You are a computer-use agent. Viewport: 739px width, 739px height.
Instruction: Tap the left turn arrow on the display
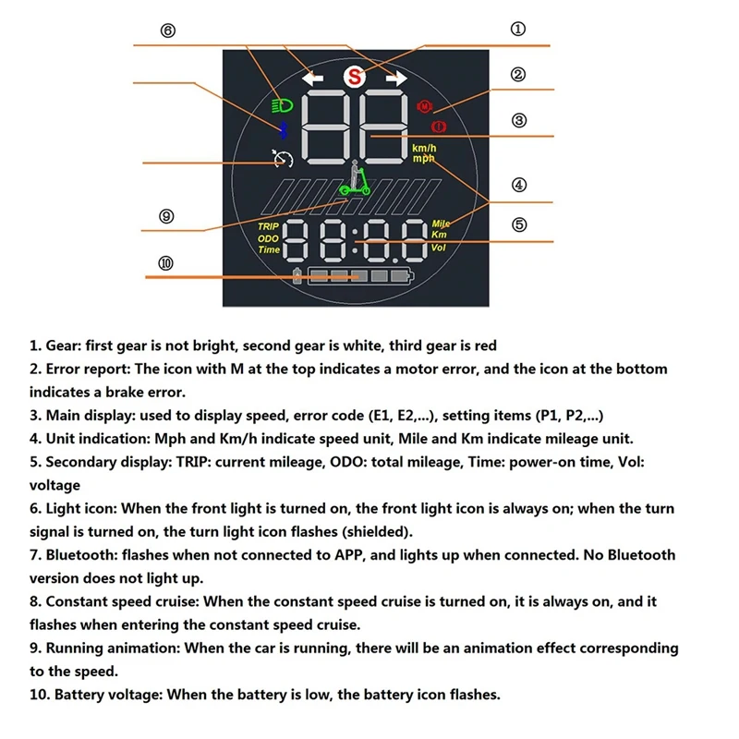click(312, 79)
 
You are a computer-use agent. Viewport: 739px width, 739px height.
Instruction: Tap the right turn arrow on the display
click(396, 79)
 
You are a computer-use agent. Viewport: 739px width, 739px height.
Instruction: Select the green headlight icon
click(280, 105)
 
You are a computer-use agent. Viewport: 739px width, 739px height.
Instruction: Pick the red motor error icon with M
click(425, 106)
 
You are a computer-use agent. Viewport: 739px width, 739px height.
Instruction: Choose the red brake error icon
click(438, 126)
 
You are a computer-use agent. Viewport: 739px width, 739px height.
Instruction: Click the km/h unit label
click(424, 149)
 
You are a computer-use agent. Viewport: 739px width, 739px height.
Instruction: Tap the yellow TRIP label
click(268, 225)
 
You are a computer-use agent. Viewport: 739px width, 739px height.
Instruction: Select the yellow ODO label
click(268, 237)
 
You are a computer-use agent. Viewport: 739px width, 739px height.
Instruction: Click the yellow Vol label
click(439, 247)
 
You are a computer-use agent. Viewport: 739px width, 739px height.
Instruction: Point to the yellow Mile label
click(441, 224)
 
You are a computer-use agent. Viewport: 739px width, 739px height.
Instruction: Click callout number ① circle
click(519, 29)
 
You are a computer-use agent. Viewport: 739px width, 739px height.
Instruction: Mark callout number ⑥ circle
click(167, 30)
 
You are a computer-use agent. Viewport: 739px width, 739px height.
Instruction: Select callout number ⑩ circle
click(165, 263)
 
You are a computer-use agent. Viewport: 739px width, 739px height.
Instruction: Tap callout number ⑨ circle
click(166, 216)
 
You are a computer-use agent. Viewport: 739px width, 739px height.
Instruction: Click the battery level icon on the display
click(356, 276)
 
